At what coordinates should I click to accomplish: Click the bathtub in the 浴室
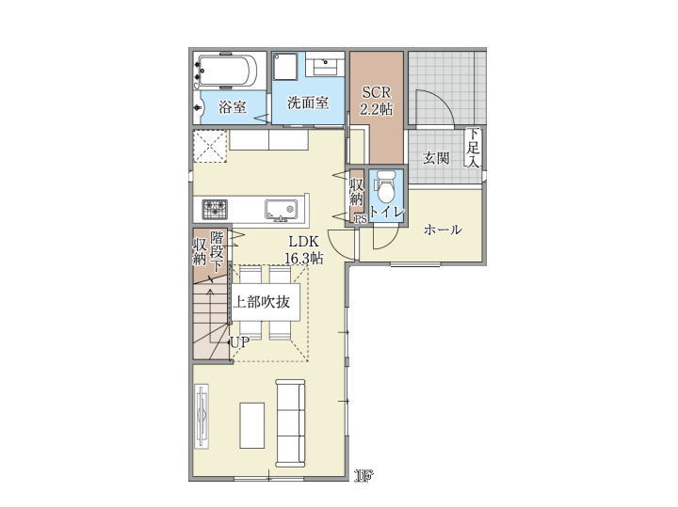click(226, 71)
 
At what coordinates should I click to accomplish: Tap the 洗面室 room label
click(308, 103)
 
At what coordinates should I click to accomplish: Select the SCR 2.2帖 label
click(377, 101)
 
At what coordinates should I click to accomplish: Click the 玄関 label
click(436, 158)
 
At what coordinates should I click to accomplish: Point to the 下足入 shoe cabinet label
click(473, 148)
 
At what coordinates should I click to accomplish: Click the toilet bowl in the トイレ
click(386, 186)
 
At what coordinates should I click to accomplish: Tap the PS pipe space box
click(361, 219)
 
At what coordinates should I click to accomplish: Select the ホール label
click(443, 230)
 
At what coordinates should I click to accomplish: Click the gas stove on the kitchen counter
click(215, 209)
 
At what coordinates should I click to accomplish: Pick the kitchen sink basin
click(281, 210)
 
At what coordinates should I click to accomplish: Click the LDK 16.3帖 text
click(303, 249)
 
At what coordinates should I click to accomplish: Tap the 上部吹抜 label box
click(266, 302)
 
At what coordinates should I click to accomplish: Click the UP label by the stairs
click(240, 342)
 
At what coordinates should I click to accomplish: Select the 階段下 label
click(217, 251)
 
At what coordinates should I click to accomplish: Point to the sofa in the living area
click(290, 423)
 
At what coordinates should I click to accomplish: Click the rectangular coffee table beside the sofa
click(252, 426)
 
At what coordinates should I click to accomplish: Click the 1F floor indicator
click(363, 476)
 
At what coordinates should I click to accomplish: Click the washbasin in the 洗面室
click(325, 66)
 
